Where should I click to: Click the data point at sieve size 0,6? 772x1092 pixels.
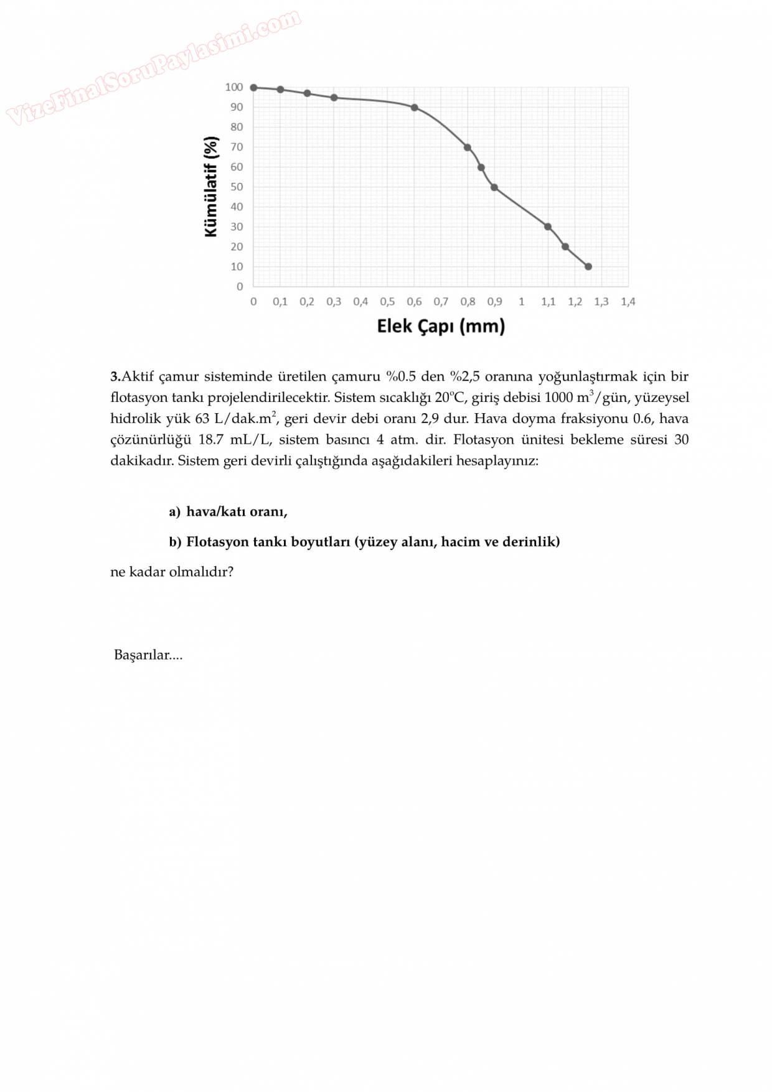(x=415, y=108)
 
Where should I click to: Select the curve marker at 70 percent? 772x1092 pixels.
(x=468, y=147)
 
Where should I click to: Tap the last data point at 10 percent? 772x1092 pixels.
(x=588, y=266)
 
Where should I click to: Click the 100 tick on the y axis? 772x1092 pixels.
(x=234, y=87)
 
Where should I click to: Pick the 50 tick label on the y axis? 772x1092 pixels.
(x=237, y=187)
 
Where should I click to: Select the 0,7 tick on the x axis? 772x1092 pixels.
(x=441, y=302)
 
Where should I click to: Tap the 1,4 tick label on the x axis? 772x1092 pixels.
(x=628, y=302)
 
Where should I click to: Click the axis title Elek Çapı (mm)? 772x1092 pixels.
(x=441, y=326)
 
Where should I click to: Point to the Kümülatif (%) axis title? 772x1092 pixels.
(x=211, y=187)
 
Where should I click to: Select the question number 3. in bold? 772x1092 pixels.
(x=115, y=376)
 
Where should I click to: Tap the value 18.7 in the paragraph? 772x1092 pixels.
(x=210, y=440)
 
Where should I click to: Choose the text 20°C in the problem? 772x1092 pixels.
(x=450, y=398)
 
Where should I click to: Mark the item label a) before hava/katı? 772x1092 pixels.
(x=174, y=512)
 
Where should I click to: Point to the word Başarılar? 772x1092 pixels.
(x=142, y=655)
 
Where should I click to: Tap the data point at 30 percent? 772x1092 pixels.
(x=548, y=226)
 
